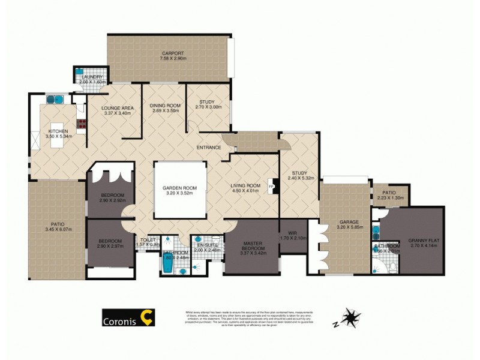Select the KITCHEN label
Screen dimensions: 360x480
point(58,131)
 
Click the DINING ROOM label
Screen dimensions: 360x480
point(164,106)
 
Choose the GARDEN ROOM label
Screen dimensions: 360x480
point(181,188)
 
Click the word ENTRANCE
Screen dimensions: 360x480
point(208,148)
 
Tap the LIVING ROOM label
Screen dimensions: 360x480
point(245,185)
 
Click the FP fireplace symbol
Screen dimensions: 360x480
point(272,187)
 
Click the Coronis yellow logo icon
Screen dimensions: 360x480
point(146,317)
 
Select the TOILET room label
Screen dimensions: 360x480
point(148,239)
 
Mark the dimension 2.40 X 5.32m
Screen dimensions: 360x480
point(301,178)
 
